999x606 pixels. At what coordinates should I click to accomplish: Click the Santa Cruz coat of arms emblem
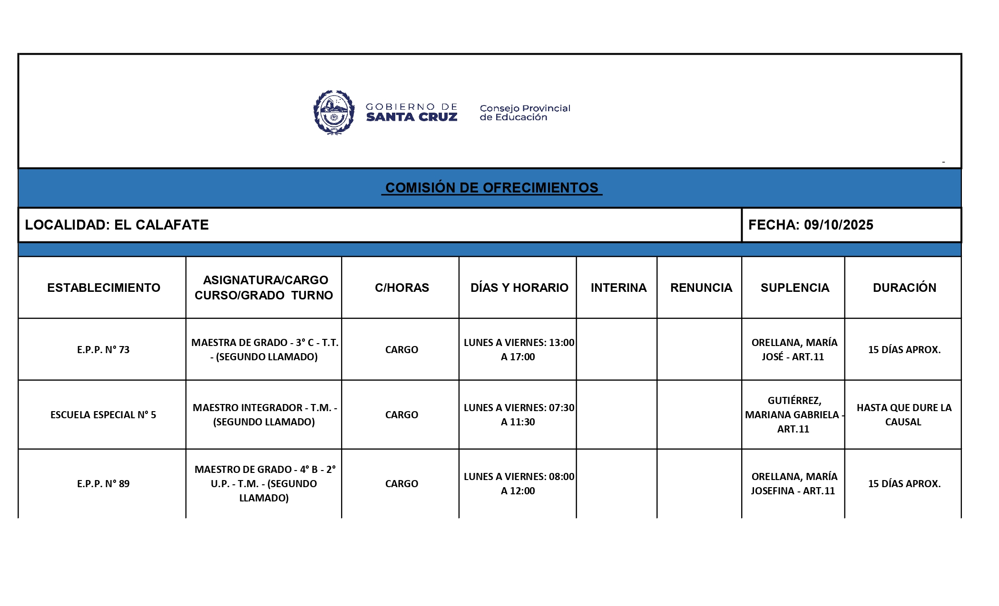[334, 113]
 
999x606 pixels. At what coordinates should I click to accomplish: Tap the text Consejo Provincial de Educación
[524, 113]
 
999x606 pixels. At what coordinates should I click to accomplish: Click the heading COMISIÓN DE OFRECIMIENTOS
[491, 188]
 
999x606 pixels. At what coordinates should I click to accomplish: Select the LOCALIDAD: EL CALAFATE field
[117, 225]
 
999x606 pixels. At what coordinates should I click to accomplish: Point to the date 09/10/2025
[838, 225]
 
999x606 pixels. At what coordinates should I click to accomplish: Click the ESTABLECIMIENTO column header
[103, 288]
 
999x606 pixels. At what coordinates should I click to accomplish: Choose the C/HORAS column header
[402, 288]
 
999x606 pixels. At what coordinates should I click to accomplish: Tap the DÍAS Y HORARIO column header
[519, 288]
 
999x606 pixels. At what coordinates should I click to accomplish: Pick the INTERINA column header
[618, 288]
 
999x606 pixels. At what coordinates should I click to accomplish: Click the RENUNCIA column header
[701, 288]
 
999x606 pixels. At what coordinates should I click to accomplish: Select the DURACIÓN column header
[904, 288]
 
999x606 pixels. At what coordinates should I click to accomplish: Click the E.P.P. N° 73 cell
[103, 350]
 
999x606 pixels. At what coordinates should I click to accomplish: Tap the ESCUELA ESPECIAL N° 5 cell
[103, 415]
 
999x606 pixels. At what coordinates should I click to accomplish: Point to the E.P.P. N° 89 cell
[103, 484]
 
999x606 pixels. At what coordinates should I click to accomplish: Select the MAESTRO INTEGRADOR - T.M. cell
[264, 414]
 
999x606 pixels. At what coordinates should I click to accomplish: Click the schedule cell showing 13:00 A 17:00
[519, 350]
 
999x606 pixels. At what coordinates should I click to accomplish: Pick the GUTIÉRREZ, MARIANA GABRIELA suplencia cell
[793, 414]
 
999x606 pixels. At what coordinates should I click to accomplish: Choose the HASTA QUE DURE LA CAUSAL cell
[904, 414]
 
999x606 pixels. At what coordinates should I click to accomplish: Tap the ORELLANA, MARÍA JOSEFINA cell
[793, 484]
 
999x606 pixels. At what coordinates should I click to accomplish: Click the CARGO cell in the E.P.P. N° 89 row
[402, 484]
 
